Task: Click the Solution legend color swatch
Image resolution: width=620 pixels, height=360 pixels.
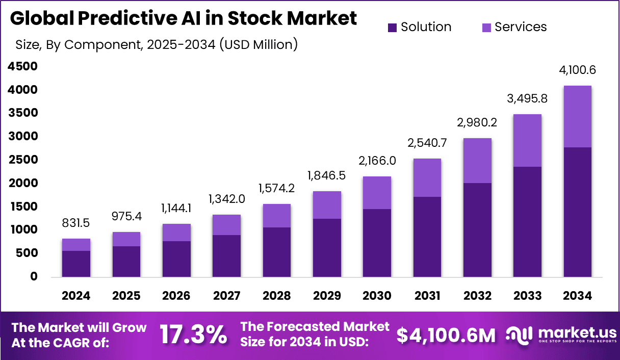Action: (x=392, y=28)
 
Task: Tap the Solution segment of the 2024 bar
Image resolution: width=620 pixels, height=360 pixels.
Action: (x=76, y=264)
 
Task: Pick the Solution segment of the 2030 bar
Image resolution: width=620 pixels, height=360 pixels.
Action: (x=377, y=243)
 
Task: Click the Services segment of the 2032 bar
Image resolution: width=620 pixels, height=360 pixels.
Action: (x=477, y=160)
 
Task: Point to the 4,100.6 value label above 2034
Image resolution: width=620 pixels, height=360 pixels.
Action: (x=577, y=70)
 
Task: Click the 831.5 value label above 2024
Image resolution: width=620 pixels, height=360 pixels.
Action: (x=76, y=223)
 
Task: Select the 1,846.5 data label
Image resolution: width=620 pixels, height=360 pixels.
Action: (x=326, y=175)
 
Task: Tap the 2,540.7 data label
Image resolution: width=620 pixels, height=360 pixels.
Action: (x=427, y=143)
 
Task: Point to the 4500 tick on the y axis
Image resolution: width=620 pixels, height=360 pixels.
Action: (x=22, y=66)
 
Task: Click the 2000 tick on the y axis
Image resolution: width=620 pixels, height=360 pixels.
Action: (x=22, y=183)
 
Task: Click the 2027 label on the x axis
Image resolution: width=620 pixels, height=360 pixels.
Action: (x=226, y=296)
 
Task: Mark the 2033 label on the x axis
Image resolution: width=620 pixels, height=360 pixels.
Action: (x=527, y=296)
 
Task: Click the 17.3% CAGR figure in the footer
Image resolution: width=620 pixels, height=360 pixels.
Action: (x=193, y=335)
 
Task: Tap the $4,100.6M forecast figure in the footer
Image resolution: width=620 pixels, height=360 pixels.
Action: (x=446, y=335)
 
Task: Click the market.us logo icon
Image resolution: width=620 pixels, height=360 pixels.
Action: (x=519, y=335)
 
